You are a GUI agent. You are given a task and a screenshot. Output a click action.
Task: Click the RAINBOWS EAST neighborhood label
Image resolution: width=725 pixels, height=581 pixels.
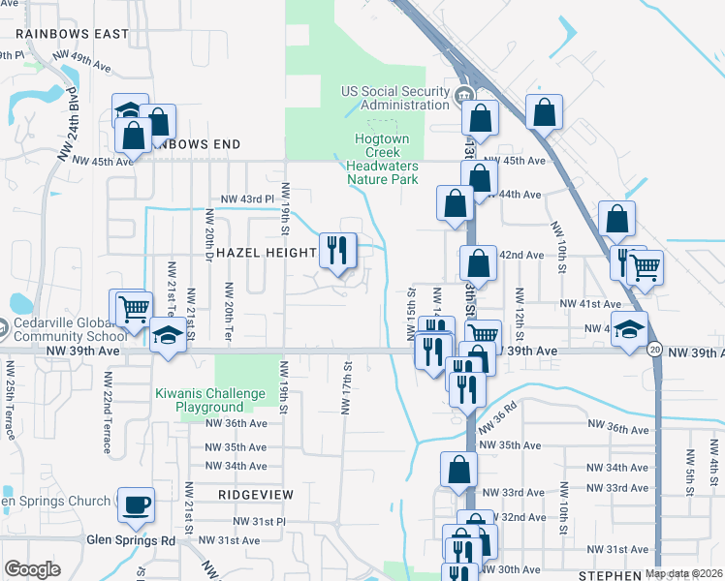pos(72,34)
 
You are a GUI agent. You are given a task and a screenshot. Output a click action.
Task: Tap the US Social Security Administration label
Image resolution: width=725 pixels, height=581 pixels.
pos(396,98)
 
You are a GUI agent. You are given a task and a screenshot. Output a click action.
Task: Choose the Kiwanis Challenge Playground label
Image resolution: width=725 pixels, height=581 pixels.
pos(210,400)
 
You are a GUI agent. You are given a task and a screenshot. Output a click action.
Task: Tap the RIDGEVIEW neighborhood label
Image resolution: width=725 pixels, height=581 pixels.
pos(255,494)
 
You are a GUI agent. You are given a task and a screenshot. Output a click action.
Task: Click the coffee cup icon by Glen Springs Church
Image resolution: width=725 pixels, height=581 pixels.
pos(136,504)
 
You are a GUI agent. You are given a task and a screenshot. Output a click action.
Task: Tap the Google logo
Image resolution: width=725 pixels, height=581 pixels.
pos(32,569)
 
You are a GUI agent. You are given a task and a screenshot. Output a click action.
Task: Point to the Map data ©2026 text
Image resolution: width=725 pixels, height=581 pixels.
pos(683,573)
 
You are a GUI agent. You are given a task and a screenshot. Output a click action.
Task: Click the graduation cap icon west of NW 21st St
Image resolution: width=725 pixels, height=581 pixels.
pos(169,336)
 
